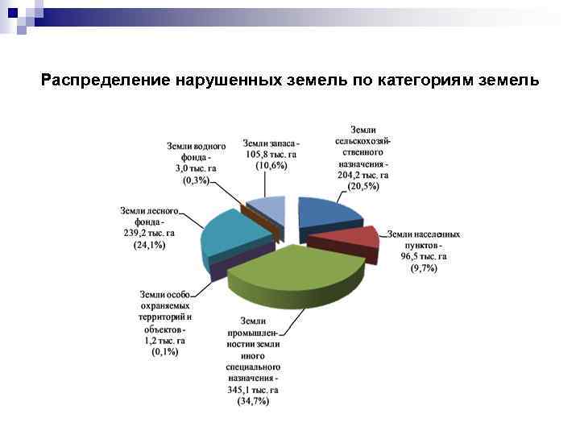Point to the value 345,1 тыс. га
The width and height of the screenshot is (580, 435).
[253, 390]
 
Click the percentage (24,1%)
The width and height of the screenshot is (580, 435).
[149, 245]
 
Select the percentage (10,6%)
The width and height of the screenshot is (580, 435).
[271, 165]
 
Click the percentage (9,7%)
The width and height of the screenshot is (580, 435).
[423, 267]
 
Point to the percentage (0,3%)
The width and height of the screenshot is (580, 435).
[196, 180]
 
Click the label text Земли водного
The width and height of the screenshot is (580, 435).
[196, 147]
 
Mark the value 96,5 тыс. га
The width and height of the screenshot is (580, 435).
[423, 256]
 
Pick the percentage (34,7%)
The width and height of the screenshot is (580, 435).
[253, 401]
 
